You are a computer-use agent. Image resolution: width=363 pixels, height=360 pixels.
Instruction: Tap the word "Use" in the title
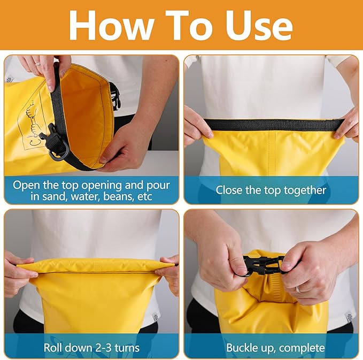[x=259, y=26]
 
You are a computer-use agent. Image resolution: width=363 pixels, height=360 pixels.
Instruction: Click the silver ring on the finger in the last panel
[x=299, y=289]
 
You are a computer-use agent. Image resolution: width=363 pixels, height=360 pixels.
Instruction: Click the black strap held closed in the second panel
[x=274, y=125]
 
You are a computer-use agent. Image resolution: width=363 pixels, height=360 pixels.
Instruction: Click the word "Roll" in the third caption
[x=51, y=348]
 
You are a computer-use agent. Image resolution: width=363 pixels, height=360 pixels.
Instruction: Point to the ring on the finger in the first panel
[x=38, y=64]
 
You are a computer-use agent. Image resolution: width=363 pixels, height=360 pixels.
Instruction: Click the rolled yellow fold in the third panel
[x=95, y=266]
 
